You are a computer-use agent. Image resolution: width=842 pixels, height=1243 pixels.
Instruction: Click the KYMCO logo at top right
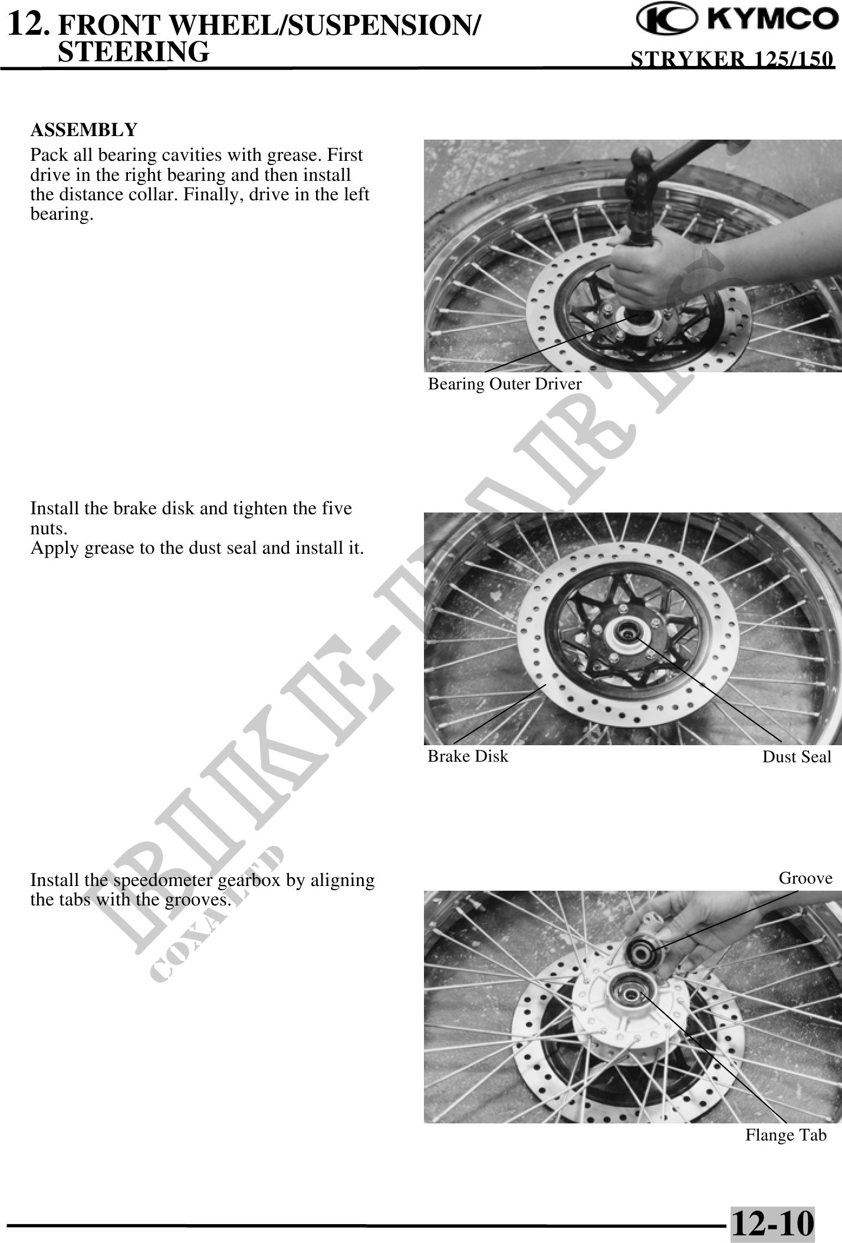pos(736,21)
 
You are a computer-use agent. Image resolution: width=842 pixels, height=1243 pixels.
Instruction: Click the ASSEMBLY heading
pos(84,129)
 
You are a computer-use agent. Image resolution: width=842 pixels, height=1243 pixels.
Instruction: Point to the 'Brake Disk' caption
pos(468,756)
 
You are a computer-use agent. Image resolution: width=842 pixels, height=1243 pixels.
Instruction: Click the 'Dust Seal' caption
pos(797,757)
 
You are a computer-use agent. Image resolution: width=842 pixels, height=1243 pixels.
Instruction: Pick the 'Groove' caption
pos(805,878)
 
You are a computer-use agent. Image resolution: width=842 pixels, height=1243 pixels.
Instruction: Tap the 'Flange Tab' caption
pos(786,1135)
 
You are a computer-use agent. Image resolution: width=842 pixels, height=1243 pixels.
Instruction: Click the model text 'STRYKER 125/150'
pos(732,59)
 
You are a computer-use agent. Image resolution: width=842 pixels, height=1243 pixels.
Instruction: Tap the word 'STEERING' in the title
pos(134,51)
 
